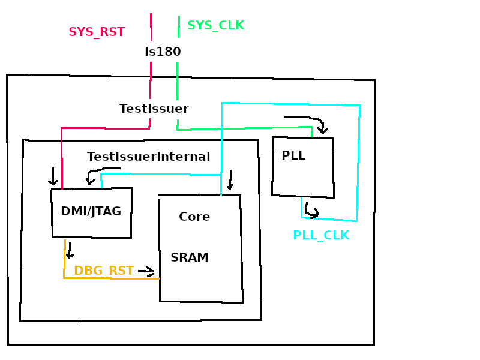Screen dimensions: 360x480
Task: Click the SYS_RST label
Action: pos(97,32)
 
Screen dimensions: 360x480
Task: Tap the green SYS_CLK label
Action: pos(215,26)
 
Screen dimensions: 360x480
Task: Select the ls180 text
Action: pos(163,52)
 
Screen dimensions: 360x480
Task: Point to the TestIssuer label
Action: pos(154,109)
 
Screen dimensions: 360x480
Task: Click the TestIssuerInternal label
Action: pos(148,157)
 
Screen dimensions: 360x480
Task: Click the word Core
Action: pos(194,217)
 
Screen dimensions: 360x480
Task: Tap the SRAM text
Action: pos(190,258)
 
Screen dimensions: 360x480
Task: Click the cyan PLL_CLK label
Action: pos(321,236)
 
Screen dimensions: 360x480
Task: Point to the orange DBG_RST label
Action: pos(104,271)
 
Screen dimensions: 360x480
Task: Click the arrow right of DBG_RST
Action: pos(146,272)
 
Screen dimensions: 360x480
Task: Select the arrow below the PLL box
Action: pos(311,211)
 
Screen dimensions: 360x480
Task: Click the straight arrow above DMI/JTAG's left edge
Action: pos(53,177)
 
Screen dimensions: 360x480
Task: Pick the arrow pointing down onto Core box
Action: pos(230,180)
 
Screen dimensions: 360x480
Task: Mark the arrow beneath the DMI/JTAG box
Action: pos(70,251)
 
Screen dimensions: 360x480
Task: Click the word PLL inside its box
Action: pos(293,156)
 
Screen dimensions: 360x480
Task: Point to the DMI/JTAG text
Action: pos(91,211)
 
